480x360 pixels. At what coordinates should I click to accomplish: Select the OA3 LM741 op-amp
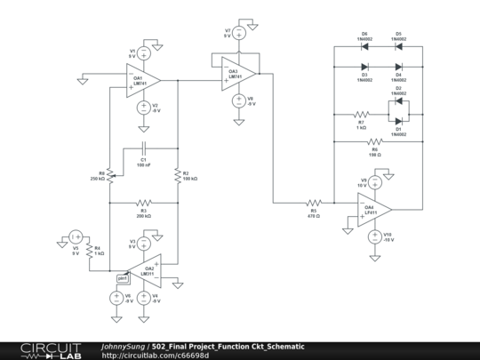(x=238, y=72)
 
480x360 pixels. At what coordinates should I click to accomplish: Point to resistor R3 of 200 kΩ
(x=143, y=204)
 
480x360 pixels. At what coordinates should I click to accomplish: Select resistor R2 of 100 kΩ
(x=178, y=173)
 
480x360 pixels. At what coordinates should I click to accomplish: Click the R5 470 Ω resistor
(x=313, y=204)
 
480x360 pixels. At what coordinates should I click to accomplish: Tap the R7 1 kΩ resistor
(x=361, y=115)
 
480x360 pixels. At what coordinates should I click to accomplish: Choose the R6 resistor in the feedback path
(x=374, y=141)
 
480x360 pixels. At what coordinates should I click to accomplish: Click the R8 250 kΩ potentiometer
(x=109, y=174)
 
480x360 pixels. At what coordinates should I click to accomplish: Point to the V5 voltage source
(x=76, y=237)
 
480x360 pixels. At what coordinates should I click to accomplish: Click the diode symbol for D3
(x=364, y=67)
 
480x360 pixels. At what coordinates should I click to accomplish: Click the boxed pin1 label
(x=123, y=278)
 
